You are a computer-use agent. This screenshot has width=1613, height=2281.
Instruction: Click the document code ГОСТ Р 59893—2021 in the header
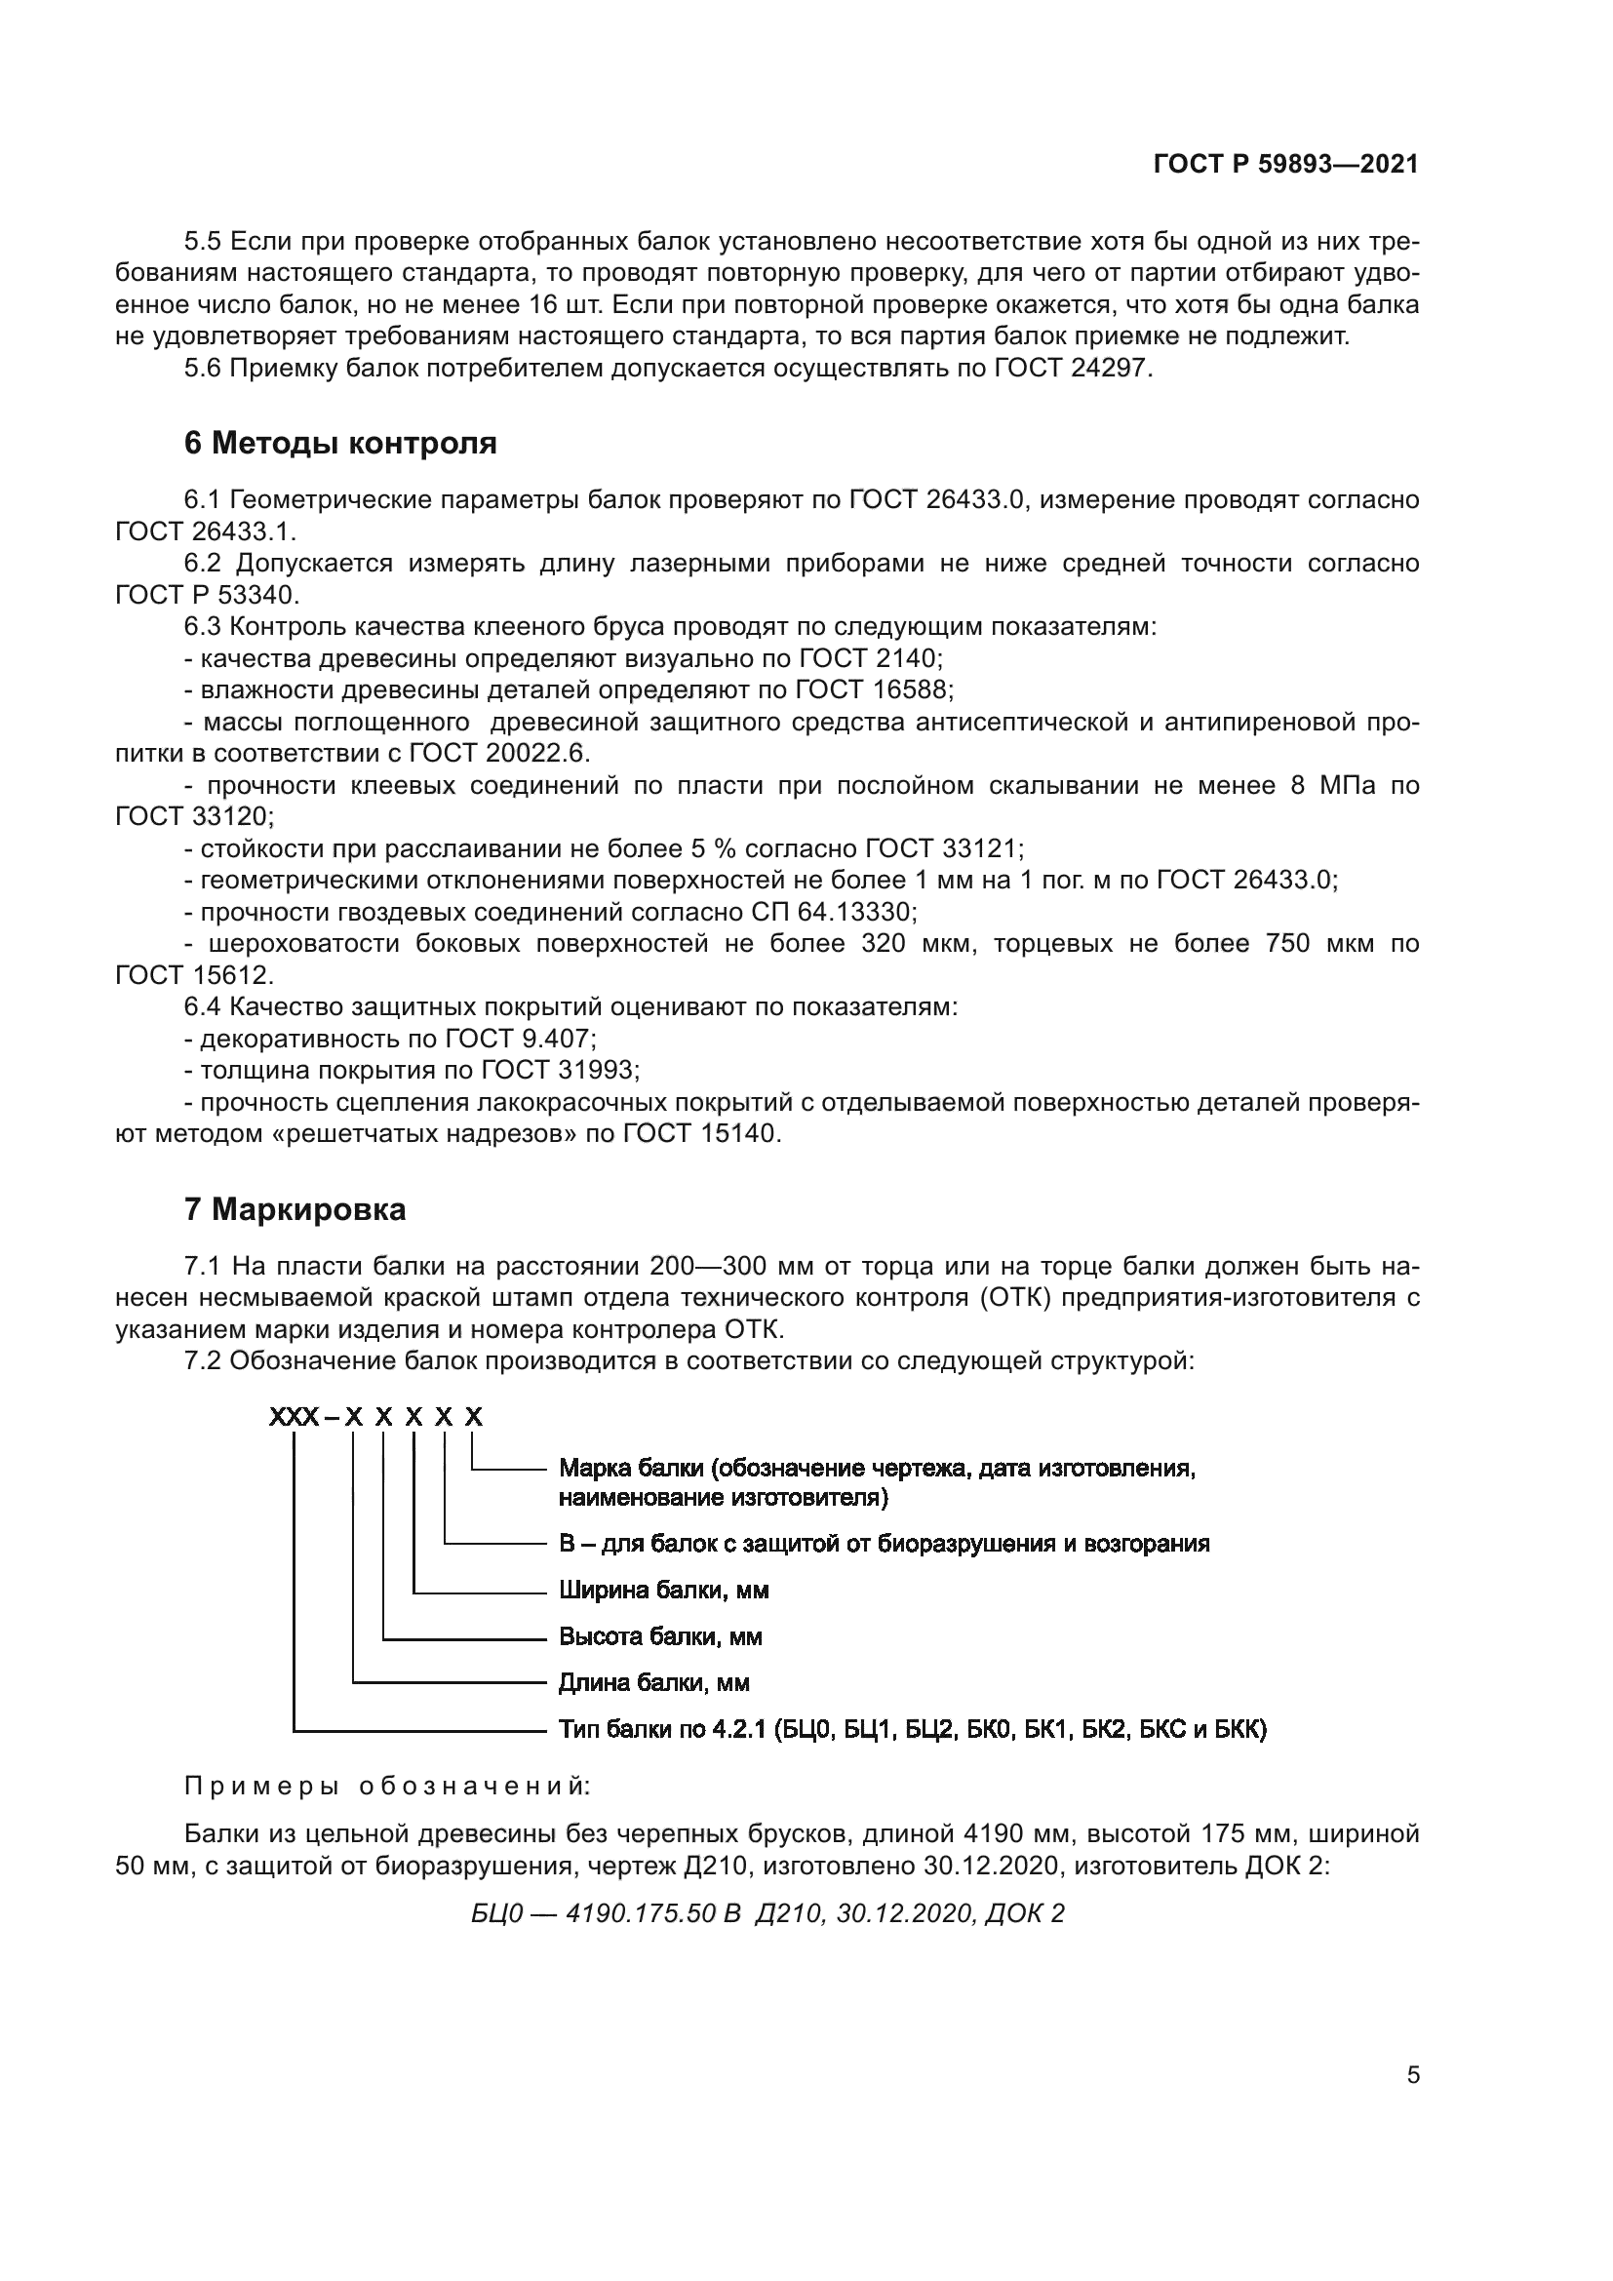pos(1285,165)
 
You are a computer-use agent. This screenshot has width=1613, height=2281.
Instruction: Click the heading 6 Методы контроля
pos(340,443)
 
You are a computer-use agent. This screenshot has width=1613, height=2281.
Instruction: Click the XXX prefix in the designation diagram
pos(294,1418)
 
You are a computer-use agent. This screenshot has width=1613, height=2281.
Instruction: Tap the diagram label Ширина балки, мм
pos(663,1591)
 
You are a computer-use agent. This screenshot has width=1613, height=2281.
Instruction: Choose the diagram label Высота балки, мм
pos(660,1636)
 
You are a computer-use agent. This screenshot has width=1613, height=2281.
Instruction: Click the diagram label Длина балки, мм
pos(653,1683)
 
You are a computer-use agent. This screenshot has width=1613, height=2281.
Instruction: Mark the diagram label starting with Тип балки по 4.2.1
pos(912,1730)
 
